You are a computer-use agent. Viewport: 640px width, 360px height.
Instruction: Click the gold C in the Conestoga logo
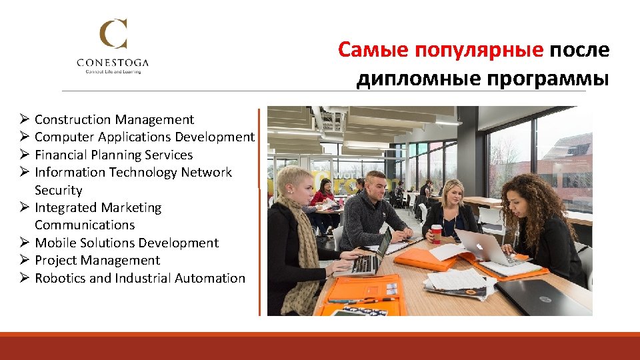tap(113, 35)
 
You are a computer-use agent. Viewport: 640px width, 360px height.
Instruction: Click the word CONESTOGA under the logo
tap(113, 63)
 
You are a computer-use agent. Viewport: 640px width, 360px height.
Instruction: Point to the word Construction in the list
tap(73, 120)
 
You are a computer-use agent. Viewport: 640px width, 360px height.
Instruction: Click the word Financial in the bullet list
tap(62, 155)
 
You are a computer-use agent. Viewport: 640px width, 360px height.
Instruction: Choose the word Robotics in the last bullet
tap(60, 278)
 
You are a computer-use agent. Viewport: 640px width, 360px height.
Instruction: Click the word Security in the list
tap(59, 191)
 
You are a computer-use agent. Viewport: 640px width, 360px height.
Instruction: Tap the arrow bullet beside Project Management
tap(23, 261)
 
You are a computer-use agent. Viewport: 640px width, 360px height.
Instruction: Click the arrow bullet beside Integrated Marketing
tap(23, 208)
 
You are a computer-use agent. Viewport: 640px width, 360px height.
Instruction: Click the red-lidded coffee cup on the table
tap(437, 233)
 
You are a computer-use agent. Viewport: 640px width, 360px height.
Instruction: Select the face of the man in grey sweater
tap(376, 189)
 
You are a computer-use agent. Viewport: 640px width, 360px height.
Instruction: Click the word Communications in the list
tap(85, 225)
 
